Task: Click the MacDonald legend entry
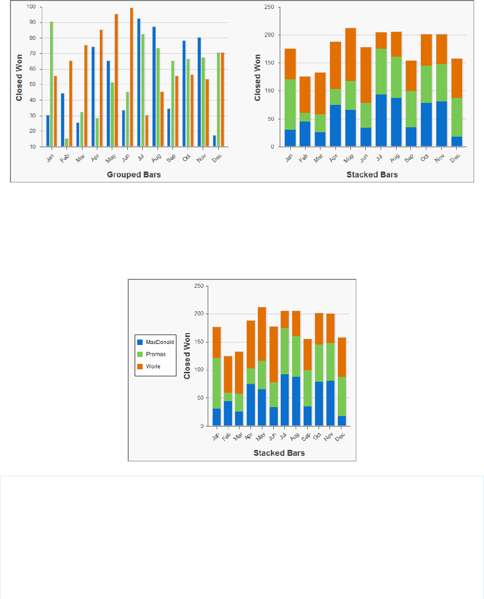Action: coord(155,342)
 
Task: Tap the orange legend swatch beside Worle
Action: coord(140,366)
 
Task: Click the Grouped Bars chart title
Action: coord(134,175)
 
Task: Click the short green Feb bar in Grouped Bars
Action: coord(67,142)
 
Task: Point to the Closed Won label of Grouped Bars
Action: coord(19,77)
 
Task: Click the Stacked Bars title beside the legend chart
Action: coord(279,453)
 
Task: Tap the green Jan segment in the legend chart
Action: coord(216,383)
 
